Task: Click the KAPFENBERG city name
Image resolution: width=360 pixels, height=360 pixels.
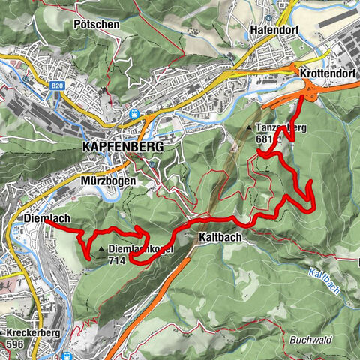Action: pyautogui.click(x=120, y=148)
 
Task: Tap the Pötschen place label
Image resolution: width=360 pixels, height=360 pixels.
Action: pyautogui.click(x=97, y=24)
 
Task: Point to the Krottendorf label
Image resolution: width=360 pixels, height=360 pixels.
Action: pyautogui.click(x=326, y=76)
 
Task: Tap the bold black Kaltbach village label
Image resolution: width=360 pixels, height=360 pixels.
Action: pyautogui.click(x=220, y=237)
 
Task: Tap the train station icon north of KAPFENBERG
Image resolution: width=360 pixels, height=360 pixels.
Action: pyautogui.click(x=133, y=114)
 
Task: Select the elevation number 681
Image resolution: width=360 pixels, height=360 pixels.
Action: pyautogui.click(x=263, y=139)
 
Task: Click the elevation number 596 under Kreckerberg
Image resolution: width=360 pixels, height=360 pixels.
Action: pyautogui.click(x=16, y=343)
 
